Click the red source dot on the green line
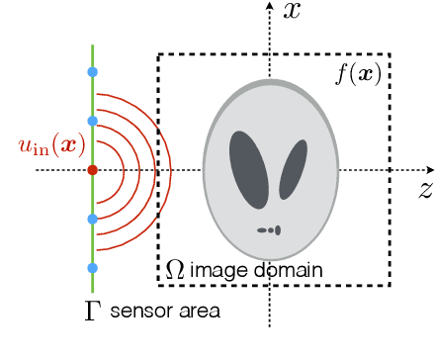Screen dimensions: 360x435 point(92,170)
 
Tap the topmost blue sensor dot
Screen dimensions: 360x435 point(92,72)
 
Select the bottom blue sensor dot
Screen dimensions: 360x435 point(92,268)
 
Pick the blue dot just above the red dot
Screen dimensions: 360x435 point(92,121)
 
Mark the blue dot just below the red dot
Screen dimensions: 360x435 point(92,219)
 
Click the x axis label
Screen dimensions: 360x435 point(292,12)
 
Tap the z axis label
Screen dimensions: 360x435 point(424,190)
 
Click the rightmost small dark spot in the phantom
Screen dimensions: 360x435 point(278,230)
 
